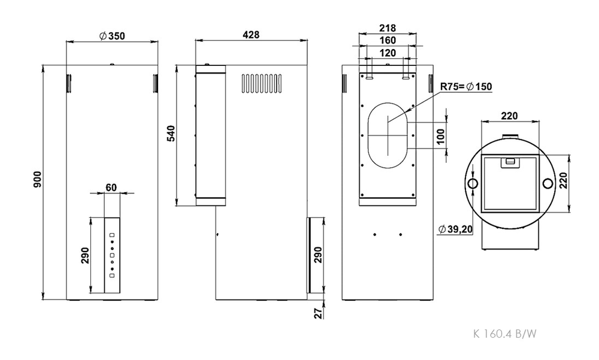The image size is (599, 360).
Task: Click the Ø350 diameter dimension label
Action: pos(112,36)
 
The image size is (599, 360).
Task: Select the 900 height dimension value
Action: pos(37,179)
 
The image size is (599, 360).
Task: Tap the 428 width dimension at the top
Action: pos(251,35)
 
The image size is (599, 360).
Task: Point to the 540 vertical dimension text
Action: pos(171,134)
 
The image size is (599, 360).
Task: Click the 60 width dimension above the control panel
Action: pos(111,187)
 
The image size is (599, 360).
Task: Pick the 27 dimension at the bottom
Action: pos(319,313)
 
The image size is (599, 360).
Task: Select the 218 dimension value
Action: pos(388,28)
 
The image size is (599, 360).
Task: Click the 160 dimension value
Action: pos(388,40)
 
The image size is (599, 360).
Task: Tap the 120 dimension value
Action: pos(388,53)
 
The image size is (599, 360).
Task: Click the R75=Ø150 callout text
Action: pos(466,87)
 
